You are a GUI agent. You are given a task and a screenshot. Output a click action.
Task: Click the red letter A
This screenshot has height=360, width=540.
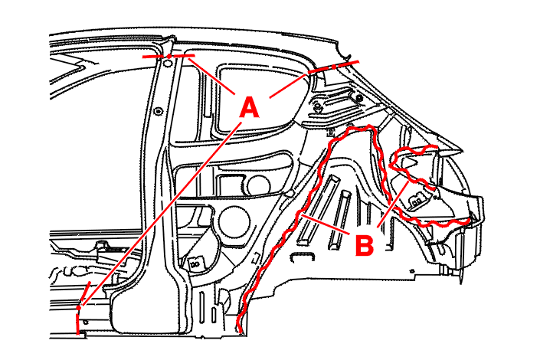[250, 107]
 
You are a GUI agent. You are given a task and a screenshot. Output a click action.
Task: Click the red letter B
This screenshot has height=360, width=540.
[364, 245]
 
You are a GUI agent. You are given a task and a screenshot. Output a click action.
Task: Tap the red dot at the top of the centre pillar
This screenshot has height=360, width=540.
[169, 56]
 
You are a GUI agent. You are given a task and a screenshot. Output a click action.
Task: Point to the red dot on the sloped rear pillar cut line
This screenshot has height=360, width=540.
[333, 67]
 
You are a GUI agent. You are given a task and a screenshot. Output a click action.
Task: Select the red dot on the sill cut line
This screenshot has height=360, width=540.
[79, 307]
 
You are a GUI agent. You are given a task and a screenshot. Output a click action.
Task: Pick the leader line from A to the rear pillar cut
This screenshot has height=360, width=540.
[288, 85]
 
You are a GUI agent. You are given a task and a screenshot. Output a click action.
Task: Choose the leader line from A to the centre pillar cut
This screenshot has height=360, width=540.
[212, 76]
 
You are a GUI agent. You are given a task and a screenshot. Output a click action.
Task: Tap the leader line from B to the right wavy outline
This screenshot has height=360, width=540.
[393, 205]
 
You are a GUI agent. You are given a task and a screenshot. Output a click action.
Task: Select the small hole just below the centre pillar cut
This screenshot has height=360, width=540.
[168, 64]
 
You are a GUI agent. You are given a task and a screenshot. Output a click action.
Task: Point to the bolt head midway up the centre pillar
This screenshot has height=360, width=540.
[159, 112]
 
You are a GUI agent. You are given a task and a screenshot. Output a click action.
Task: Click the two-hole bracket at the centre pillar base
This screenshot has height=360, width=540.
[195, 264]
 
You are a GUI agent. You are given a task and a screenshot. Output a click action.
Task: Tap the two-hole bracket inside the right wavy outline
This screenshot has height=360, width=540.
[417, 201]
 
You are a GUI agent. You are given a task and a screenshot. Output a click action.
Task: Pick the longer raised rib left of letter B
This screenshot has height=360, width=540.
[317, 210]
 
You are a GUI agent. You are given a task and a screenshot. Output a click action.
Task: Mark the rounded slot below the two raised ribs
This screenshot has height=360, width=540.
[303, 258]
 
